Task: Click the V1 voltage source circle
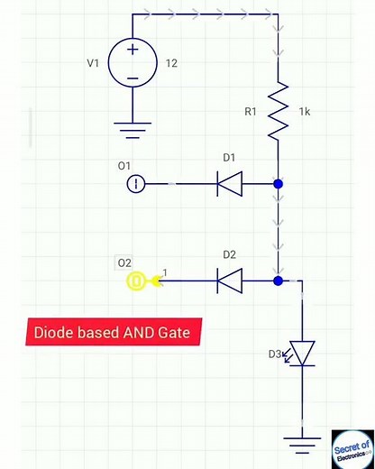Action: coord(133,64)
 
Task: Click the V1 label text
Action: coord(94,64)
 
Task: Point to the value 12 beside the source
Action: coord(173,64)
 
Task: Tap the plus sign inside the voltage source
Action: coord(133,50)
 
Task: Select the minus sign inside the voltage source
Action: coord(133,78)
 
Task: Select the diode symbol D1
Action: coord(228,184)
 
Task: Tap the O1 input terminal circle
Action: coord(135,184)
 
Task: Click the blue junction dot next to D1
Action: coord(279,184)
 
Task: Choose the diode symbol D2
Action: coord(228,281)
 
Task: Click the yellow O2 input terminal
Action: coord(136,281)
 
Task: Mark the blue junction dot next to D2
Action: coord(279,281)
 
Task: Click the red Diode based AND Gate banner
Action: coord(113,333)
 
